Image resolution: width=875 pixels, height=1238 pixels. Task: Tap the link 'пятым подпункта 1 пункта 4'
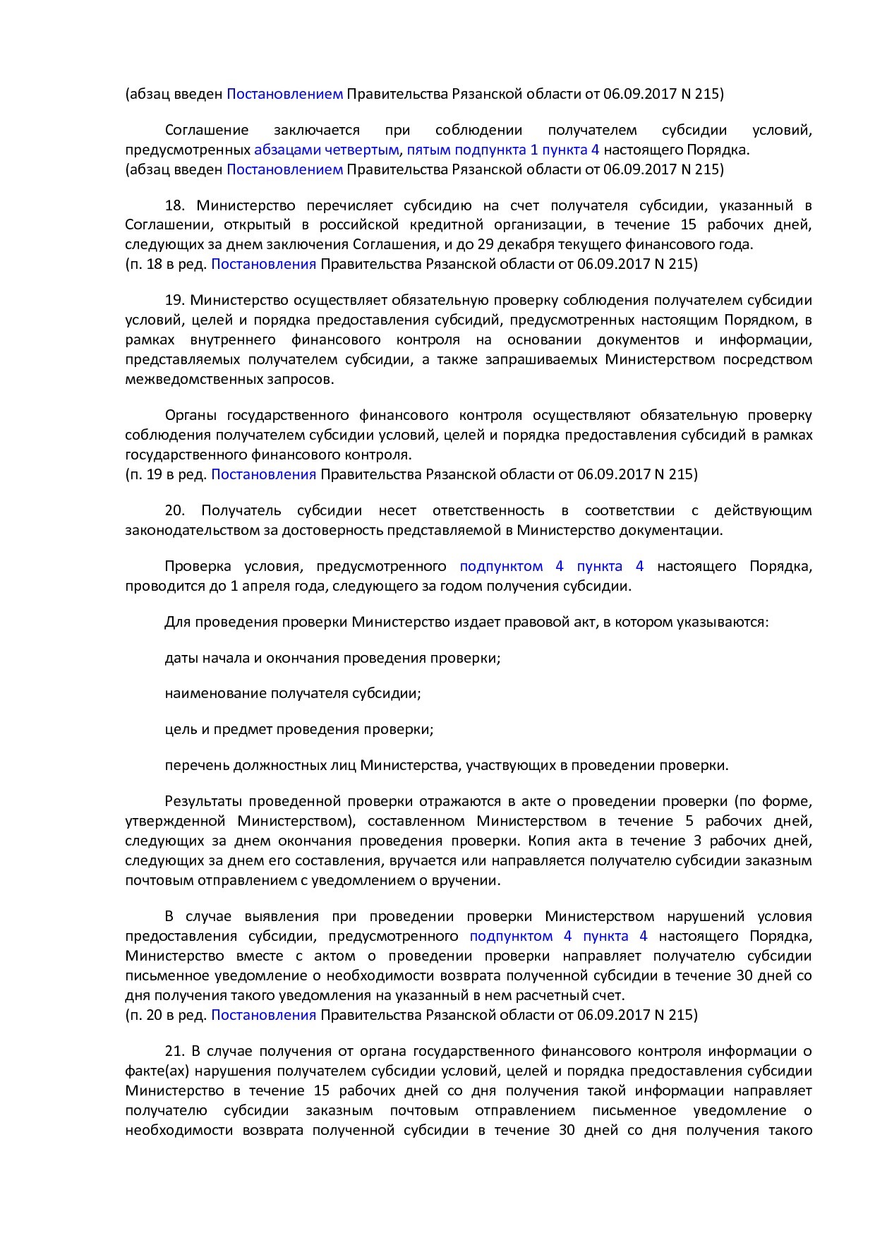pos(503,150)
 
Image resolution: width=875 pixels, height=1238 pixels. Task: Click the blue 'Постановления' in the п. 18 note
pos(263,264)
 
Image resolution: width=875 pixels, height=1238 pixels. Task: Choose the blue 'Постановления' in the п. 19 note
pos(263,474)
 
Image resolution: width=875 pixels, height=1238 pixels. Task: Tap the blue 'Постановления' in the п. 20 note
pos(263,1015)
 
